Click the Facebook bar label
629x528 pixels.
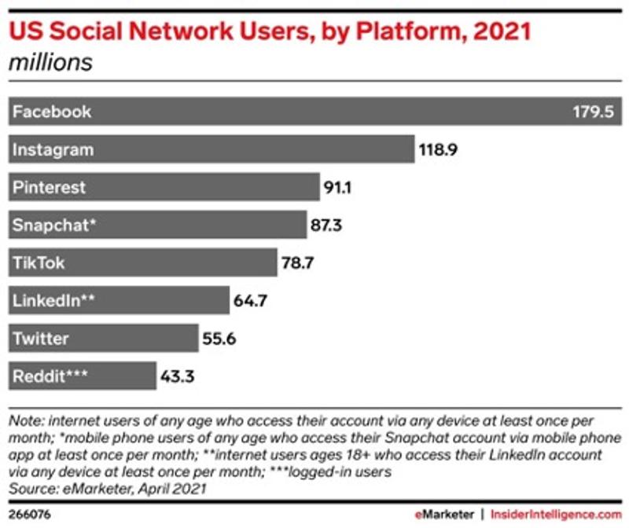tap(52, 112)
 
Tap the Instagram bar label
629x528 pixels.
tap(53, 149)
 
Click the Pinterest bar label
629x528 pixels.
tap(49, 188)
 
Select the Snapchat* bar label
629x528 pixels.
tap(53, 225)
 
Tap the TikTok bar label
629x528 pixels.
tap(39, 263)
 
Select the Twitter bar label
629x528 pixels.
tap(41, 339)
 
